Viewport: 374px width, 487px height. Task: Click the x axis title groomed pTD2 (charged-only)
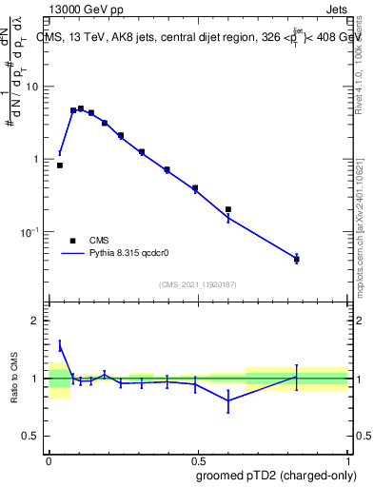click(x=277, y=475)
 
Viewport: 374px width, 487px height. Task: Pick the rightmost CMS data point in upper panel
click(x=297, y=259)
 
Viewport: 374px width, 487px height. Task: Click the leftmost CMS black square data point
click(x=60, y=166)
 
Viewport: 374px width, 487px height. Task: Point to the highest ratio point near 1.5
click(x=60, y=346)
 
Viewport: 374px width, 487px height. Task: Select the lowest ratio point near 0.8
click(x=228, y=401)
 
